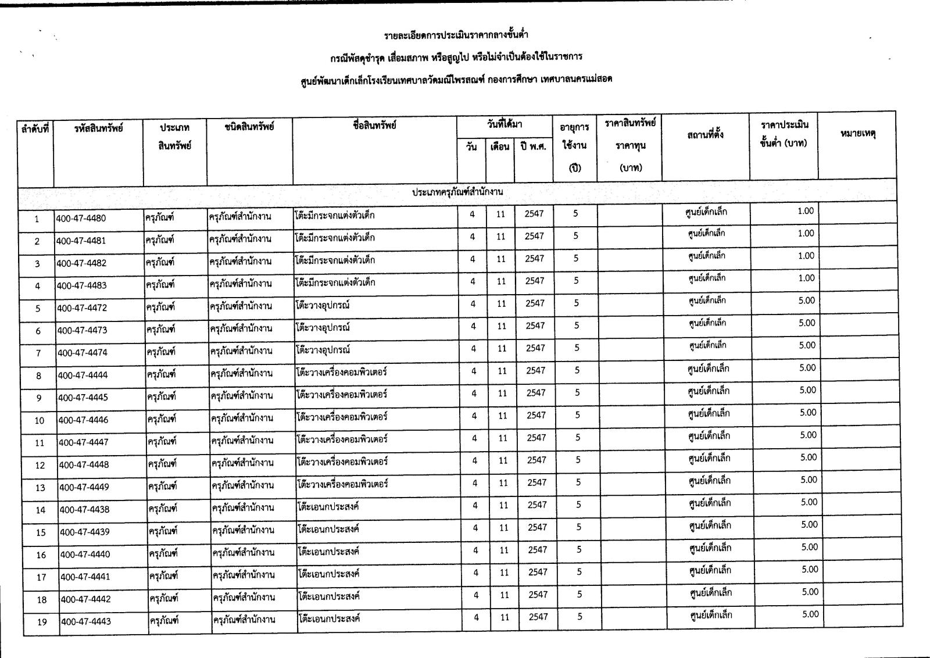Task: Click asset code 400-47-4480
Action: point(81,219)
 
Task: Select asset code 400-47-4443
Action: point(85,621)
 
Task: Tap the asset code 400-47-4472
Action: point(82,308)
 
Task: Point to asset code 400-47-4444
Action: point(83,376)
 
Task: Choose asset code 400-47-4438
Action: point(84,510)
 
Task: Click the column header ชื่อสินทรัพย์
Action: point(374,125)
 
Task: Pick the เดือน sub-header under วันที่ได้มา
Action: point(500,146)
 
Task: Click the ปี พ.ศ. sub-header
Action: point(533,146)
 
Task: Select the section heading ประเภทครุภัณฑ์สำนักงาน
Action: point(457,191)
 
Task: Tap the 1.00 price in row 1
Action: point(806,211)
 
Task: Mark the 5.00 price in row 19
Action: point(810,614)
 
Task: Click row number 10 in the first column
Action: point(40,420)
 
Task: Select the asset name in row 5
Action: point(323,305)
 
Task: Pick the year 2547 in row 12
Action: point(536,460)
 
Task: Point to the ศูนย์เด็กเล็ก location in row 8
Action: point(708,369)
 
